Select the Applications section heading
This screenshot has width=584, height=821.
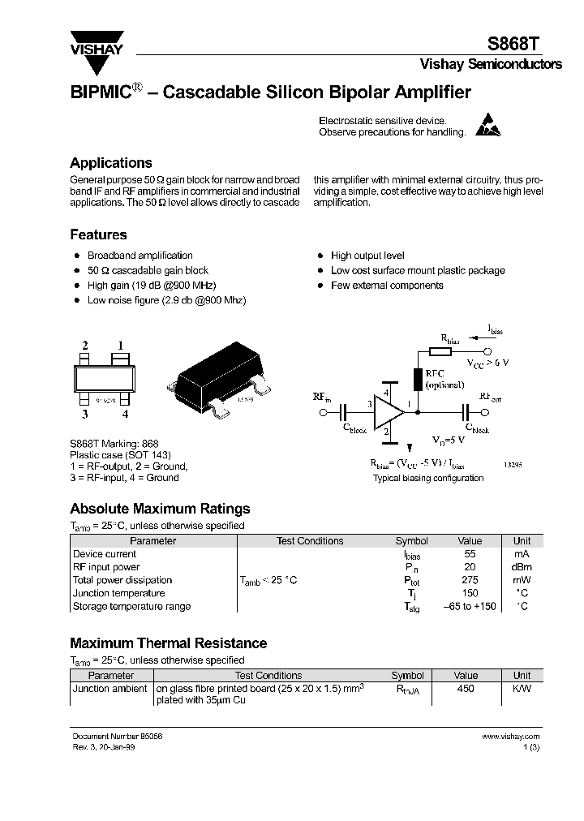[111, 163]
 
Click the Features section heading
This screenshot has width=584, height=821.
[98, 234]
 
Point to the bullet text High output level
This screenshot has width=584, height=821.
[367, 256]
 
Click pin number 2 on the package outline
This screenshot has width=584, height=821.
[84, 346]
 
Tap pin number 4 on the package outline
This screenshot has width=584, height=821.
[125, 414]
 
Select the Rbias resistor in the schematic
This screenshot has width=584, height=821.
[439, 351]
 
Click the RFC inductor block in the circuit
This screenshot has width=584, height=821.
[418, 379]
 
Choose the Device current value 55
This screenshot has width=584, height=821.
[470, 554]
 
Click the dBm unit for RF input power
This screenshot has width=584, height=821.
[522, 567]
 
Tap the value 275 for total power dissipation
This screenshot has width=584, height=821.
[470, 580]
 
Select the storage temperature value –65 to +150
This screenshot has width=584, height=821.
[470, 606]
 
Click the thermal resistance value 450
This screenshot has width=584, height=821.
[466, 688]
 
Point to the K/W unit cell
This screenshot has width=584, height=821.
[522, 688]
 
